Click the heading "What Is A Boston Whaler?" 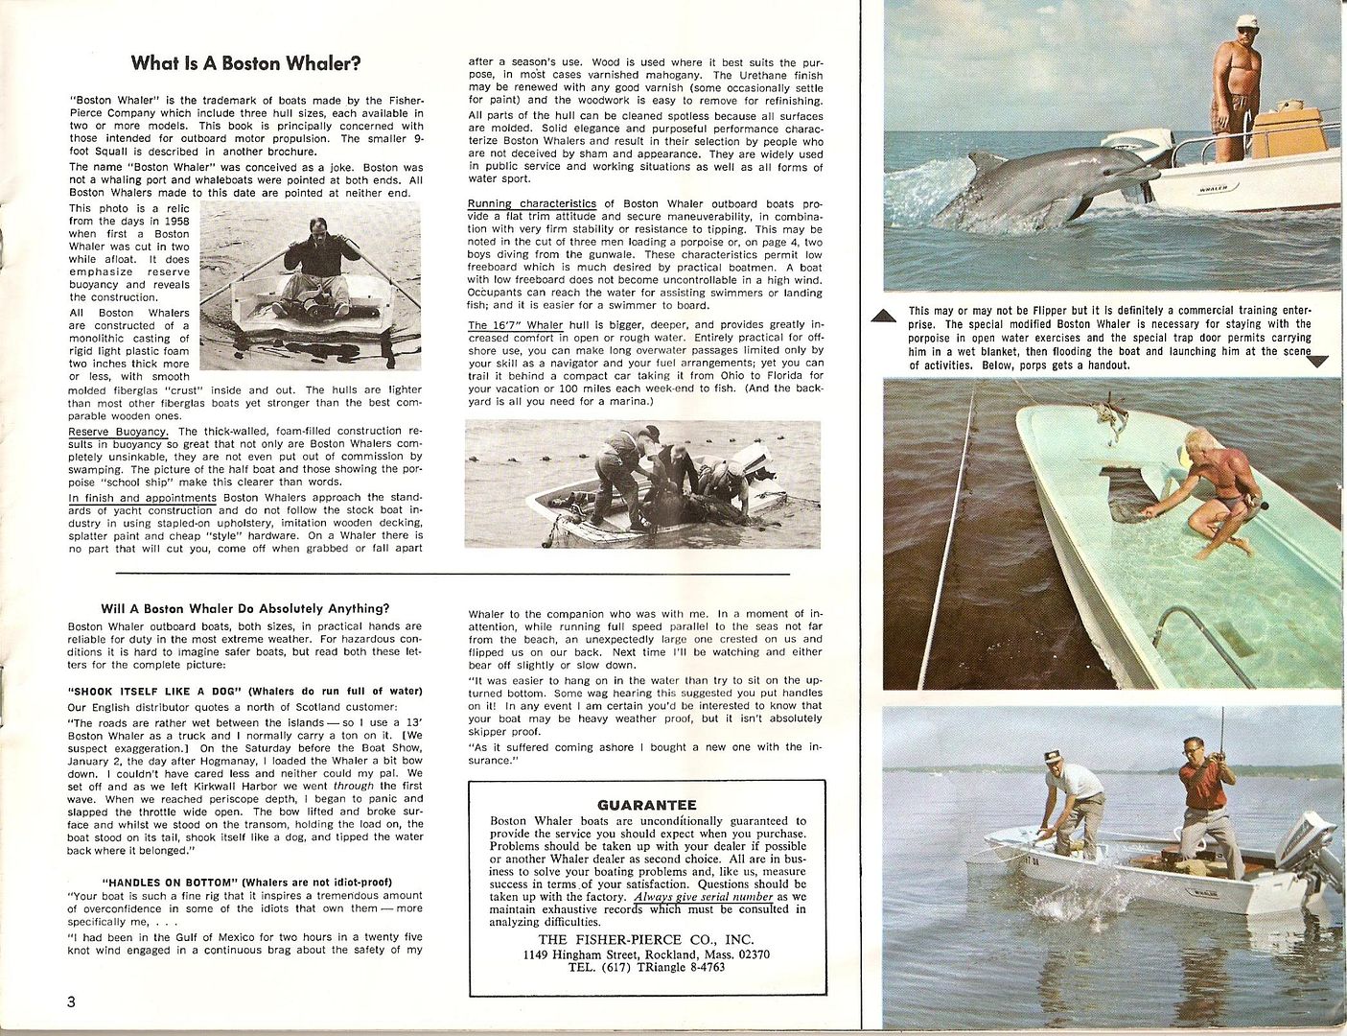tap(245, 64)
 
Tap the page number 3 tap(72, 1001)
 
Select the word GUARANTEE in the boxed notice tap(646, 805)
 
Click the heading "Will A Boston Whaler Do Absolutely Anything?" tap(244, 608)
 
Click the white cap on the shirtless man tap(1246, 22)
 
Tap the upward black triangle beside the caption tap(887, 316)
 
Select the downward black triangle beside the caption tap(1319, 362)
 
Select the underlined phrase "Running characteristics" tap(531, 203)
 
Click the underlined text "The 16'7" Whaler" tap(515, 325)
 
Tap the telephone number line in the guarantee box tap(646, 968)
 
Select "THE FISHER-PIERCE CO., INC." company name tap(646, 939)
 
